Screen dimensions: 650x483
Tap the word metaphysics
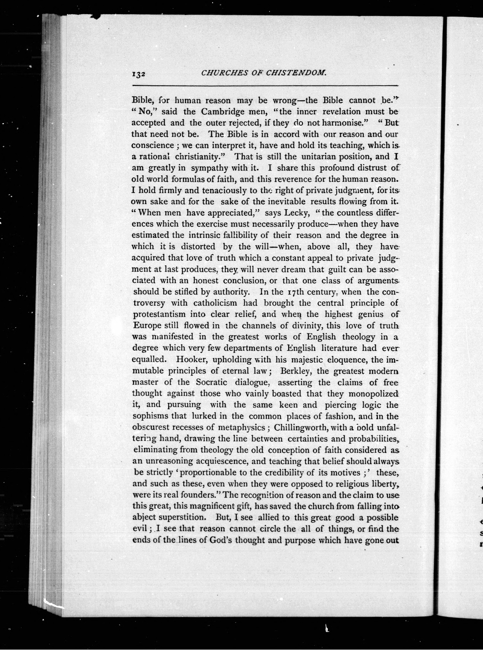coord(241,427)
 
